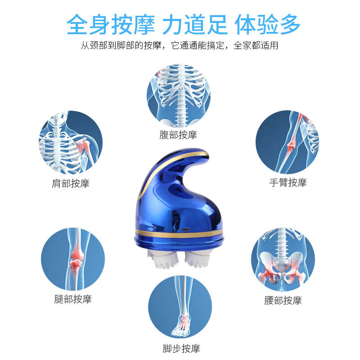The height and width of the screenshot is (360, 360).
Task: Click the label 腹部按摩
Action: (x=178, y=135)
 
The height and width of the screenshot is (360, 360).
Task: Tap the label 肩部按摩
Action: (x=71, y=184)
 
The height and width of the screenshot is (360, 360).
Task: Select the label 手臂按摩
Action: (x=288, y=183)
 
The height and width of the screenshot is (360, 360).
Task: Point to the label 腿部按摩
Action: (x=73, y=299)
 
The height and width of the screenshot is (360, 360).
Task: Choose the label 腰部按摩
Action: (x=283, y=300)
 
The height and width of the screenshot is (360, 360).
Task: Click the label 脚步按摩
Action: (x=181, y=348)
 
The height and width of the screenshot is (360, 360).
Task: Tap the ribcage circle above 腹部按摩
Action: (x=179, y=95)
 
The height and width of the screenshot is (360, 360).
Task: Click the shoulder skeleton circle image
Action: (x=71, y=143)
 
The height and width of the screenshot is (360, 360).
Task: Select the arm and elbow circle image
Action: (x=288, y=142)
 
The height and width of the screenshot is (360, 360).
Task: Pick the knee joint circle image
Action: (x=73, y=259)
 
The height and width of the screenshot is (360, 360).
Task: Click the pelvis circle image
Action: (x=283, y=260)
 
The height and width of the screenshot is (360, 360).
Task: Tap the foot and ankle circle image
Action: (x=180, y=307)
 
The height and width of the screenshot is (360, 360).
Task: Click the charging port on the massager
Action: (x=186, y=229)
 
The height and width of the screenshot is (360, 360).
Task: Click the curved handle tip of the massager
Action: (x=206, y=154)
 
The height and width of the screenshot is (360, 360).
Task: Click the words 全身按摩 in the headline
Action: (x=111, y=24)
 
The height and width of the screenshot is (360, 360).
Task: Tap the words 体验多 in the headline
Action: (x=267, y=24)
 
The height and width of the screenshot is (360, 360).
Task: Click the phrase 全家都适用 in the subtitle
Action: (x=256, y=45)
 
